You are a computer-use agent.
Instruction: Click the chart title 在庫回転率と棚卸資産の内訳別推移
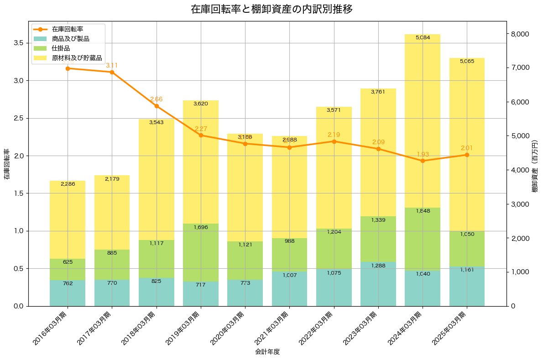click(271, 9)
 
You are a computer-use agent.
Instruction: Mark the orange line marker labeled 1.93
click(423, 161)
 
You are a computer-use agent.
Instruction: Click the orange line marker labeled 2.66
click(157, 106)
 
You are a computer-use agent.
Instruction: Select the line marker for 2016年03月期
click(68, 68)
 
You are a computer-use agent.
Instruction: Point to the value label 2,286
click(68, 184)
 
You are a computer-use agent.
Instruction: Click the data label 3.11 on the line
click(112, 65)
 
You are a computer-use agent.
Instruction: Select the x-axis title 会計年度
click(267, 352)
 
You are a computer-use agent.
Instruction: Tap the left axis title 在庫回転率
click(6, 164)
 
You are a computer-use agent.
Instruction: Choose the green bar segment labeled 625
click(68, 269)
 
